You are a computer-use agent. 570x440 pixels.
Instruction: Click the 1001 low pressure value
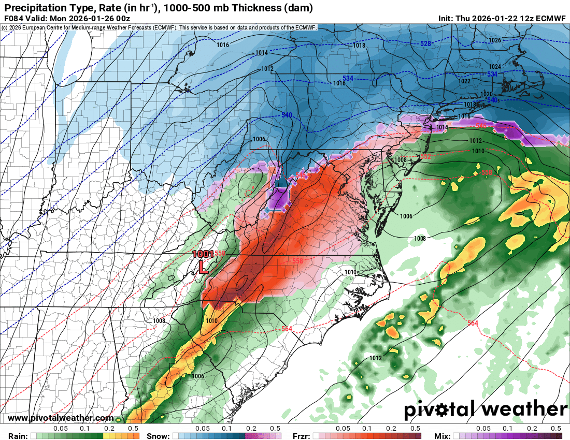(x=203, y=254)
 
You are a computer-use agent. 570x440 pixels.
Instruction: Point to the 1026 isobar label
(x=495, y=40)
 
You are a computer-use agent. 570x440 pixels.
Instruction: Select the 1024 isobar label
(x=495, y=67)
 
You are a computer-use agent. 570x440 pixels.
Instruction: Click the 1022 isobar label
(x=464, y=81)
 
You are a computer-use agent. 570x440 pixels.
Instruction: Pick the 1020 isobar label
(x=486, y=94)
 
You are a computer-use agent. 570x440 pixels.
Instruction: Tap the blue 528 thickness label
(x=425, y=43)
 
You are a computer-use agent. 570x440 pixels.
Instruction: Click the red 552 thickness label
(x=425, y=156)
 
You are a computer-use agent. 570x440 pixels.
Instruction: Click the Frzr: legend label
(x=301, y=436)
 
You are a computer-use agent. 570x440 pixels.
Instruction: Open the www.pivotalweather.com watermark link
(x=61, y=418)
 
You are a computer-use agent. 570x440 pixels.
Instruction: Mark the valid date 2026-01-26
(x=91, y=19)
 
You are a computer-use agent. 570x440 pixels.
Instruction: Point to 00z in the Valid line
(x=122, y=19)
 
